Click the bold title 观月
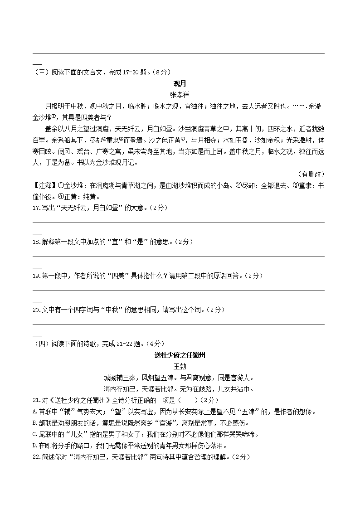click(x=180, y=83)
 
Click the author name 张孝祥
click(x=180, y=95)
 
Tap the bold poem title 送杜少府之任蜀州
click(x=180, y=355)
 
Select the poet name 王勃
click(x=180, y=366)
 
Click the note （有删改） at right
click(x=311, y=174)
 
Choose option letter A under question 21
click(x=35, y=412)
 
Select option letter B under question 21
click(x=35, y=423)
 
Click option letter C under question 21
click(x=35, y=434)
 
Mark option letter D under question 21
click(x=35, y=446)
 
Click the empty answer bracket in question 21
click(x=189, y=400)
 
